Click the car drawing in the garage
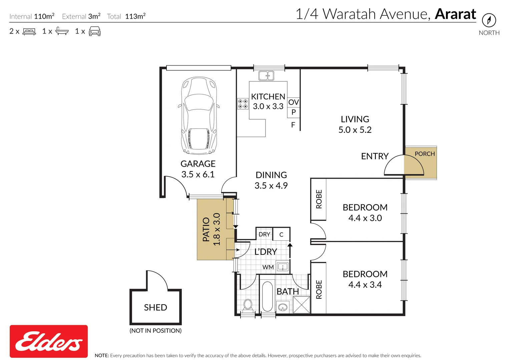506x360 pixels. pos(199,116)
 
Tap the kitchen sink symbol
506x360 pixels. pos(266,76)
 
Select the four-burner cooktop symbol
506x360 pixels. pos(242,104)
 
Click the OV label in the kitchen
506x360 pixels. pos(294,102)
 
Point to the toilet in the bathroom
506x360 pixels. pos(248,305)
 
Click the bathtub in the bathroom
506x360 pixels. pos(268,297)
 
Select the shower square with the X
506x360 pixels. pos(301,305)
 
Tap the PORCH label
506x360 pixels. pos(425,154)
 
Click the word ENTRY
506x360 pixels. pos(375,156)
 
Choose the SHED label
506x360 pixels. pos(155,307)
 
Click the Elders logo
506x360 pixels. pos(49,341)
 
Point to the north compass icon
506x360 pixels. pos(489,20)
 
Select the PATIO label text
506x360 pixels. pos(206,230)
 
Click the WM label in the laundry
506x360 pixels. pos(268,267)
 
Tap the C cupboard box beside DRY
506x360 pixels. pos(281,234)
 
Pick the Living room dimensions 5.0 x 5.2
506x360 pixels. pos(355,130)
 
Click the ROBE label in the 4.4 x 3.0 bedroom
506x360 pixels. pos(319,199)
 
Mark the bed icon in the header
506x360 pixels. pos(29,31)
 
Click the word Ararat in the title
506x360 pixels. pos(455,14)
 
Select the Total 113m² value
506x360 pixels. pos(135,16)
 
